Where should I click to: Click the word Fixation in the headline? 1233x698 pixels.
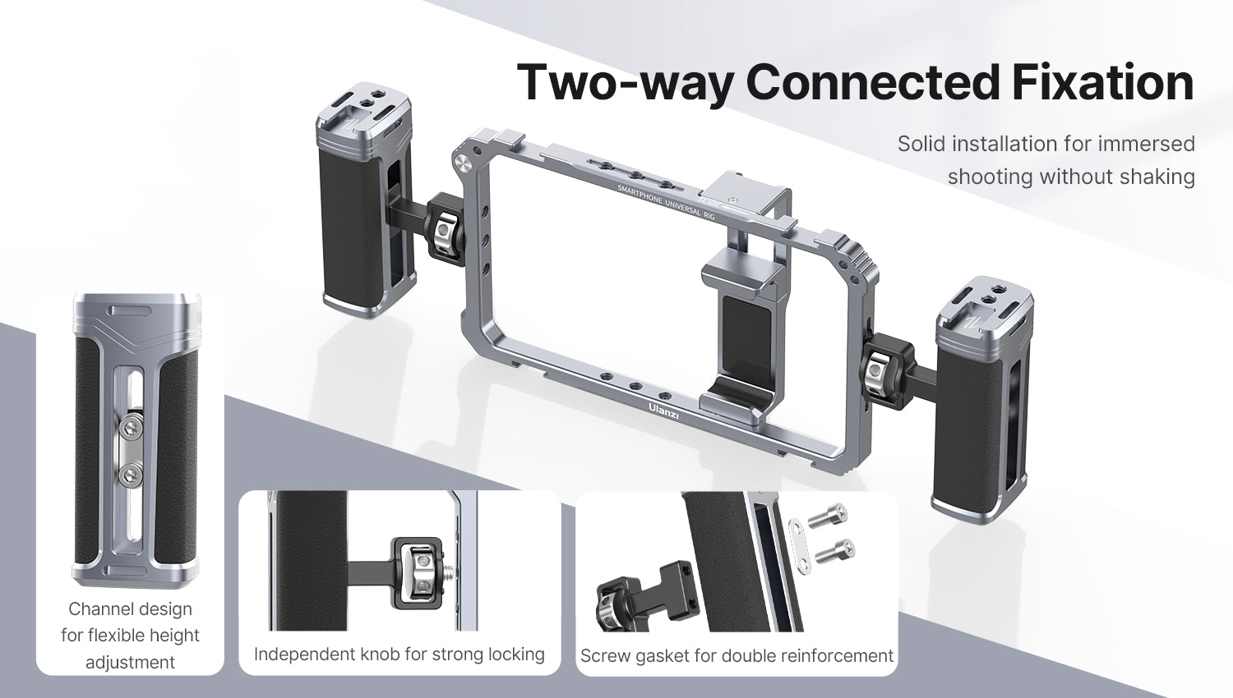click(1102, 82)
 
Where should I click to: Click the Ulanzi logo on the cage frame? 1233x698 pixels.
click(663, 412)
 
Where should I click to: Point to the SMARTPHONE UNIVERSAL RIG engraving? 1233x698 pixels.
click(666, 202)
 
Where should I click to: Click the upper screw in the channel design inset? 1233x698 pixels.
click(131, 427)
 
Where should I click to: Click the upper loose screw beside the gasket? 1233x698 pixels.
click(827, 515)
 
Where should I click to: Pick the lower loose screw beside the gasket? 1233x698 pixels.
click(835, 551)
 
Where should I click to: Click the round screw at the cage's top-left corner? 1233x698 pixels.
click(460, 161)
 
